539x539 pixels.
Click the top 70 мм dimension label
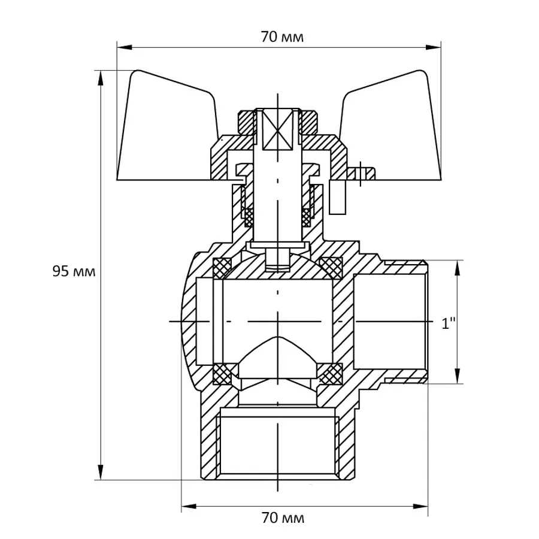coord(282,37)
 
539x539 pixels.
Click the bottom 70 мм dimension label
coord(283,517)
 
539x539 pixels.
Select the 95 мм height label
coord(74,271)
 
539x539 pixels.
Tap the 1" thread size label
coord(449,323)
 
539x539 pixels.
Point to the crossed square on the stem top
coord(277,129)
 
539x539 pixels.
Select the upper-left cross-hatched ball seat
coord(223,268)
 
